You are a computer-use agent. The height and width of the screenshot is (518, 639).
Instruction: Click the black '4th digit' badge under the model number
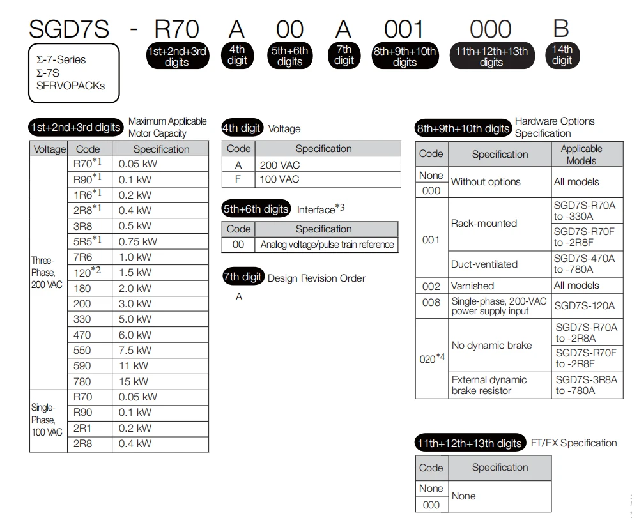(x=237, y=55)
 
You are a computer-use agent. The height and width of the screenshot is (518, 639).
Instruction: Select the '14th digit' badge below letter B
(x=562, y=55)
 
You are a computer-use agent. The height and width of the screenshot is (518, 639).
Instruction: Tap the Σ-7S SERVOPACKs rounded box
(x=73, y=73)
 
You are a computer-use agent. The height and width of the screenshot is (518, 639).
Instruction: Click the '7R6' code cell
(x=82, y=257)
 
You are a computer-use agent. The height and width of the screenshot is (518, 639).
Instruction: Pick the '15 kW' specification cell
(x=134, y=381)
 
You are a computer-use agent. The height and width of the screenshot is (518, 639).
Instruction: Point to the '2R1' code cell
(x=82, y=428)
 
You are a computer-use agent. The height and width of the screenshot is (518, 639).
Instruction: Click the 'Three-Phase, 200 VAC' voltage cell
(x=47, y=273)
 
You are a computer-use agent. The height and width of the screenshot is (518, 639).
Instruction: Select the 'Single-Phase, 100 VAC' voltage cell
(x=47, y=420)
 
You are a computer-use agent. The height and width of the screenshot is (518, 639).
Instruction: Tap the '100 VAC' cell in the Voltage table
(x=279, y=179)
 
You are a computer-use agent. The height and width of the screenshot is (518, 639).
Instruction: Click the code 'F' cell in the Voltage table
(x=238, y=179)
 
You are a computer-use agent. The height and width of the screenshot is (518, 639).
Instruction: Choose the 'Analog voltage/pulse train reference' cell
(x=327, y=245)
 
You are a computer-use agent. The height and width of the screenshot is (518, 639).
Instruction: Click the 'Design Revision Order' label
(x=316, y=278)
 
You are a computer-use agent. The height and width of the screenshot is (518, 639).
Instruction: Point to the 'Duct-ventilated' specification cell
(x=484, y=264)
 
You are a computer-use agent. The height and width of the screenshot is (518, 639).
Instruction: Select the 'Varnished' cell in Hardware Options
(x=473, y=286)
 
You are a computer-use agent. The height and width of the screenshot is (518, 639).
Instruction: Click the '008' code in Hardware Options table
(x=431, y=303)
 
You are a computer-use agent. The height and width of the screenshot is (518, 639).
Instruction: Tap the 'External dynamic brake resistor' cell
(x=489, y=385)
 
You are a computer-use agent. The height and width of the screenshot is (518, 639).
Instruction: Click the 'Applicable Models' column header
(x=581, y=155)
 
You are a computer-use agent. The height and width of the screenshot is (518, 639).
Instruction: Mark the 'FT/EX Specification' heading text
(x=574, y=443)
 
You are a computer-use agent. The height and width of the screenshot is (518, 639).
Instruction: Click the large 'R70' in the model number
(x=177, y=29)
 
